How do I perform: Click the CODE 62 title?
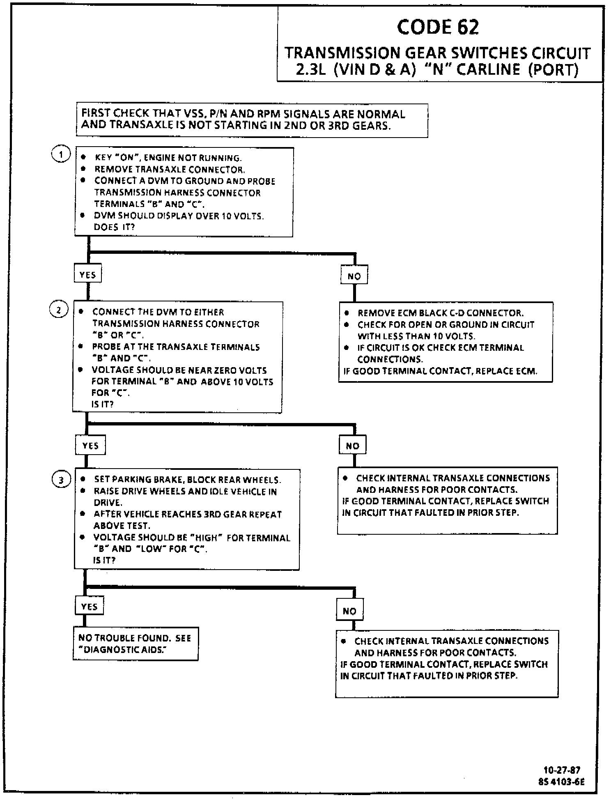point(438,27)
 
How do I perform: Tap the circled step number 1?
point(61,155)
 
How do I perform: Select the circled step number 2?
point(58,310)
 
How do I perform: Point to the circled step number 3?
point(61,480)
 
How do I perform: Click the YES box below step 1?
point(87,274)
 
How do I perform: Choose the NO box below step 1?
point(354,276)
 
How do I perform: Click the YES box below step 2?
point(90,446)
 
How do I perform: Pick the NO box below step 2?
point(352,446)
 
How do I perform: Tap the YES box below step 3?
point(89,606)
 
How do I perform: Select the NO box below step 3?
point(349,611)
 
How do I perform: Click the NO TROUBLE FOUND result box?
point(136,644)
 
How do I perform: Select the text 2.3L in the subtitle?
point(310,70)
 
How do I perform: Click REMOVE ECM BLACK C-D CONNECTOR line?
point(440,313)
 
